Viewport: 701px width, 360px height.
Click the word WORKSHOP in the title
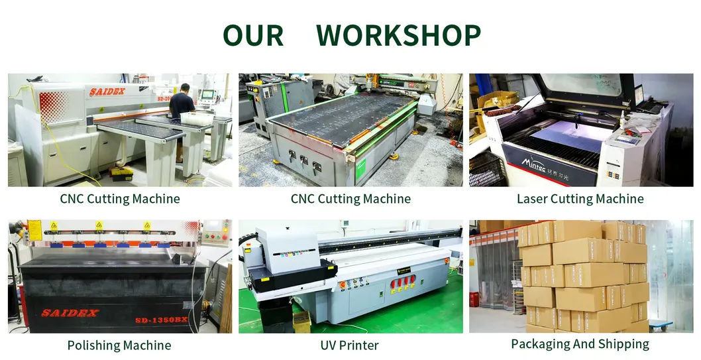tap(398, 35)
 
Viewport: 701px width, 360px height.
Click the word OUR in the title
tap(253, 35)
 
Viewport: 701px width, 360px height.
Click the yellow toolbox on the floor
tap(121, 174)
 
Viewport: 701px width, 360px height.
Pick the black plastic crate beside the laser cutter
tap(486, 171)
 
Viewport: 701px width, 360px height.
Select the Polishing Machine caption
tap(119, 345)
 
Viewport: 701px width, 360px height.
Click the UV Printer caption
tap(350, 345)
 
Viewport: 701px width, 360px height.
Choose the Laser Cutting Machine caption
tap(580, 199)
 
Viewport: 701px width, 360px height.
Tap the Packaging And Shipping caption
tap(580, 344)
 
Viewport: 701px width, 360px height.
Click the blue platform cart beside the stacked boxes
tap(660, 325)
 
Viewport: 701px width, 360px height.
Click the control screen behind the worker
tap(208, 94)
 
